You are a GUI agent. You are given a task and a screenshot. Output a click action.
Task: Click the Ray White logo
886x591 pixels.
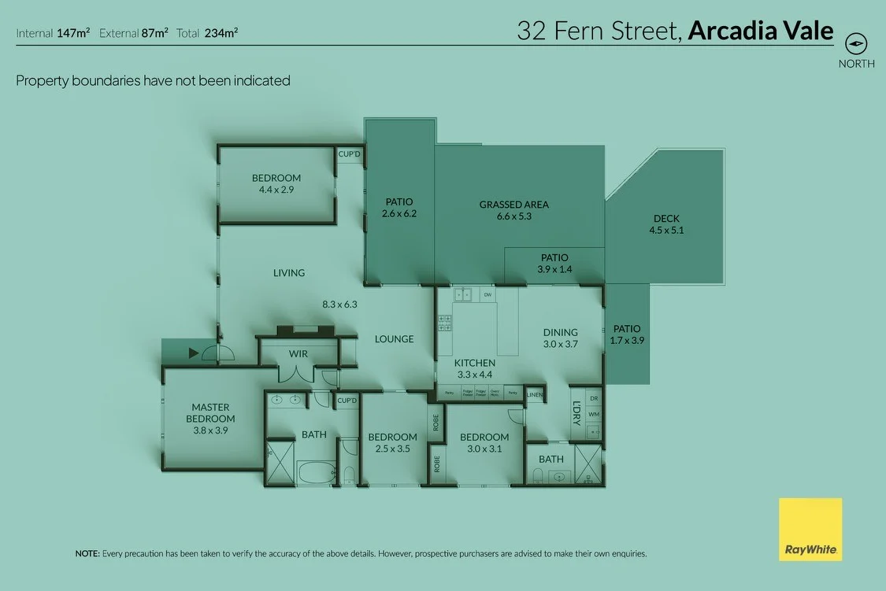pyautogui.click(x=810, y=530)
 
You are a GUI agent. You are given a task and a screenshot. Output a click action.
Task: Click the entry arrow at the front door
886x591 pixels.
pyautogui.click(x=193, y=354)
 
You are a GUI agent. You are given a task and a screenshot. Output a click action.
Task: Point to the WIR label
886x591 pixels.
pyautogui.click(x=298, y=354)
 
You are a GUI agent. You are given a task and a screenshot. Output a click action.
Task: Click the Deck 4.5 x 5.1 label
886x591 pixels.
pyautogui.click(x=665, y=224)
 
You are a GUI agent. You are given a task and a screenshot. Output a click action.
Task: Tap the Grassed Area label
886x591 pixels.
pyautogui.click(x=513, y=210)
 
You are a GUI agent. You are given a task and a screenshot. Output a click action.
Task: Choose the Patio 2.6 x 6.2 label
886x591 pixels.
pyautogui.click(x=398, y=208)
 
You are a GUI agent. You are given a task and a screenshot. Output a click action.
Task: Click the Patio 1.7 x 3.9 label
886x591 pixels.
pyautogui.click(x=627, y=335)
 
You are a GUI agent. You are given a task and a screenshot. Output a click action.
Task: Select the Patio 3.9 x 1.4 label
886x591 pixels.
pyautogui.click(x=554, y=264)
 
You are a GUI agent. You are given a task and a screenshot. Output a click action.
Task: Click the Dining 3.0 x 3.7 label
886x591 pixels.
pyautogui.click(x=560, y=338)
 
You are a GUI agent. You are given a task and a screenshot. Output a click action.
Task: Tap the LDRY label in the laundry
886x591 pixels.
pyautogui.click(x=576, y=415)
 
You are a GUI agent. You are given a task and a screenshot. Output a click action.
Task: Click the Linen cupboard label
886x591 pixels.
pyautogui.click(x=536, y=394)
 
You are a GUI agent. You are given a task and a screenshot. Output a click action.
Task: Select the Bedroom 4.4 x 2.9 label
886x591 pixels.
pyautogui.click(x=276, y=183)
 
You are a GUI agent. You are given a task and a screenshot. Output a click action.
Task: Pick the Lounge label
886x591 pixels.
pyautogui.click(x=394, y=339)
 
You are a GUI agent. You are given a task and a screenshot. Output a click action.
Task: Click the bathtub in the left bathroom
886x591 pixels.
pyautogui.click(x=315, y=473)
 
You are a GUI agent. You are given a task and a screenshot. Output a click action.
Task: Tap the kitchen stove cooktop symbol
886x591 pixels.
pyautogui.click(x=443, y=322)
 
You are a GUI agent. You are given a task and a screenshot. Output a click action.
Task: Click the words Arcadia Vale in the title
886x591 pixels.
pyautogui.click(x=760, y=31)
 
